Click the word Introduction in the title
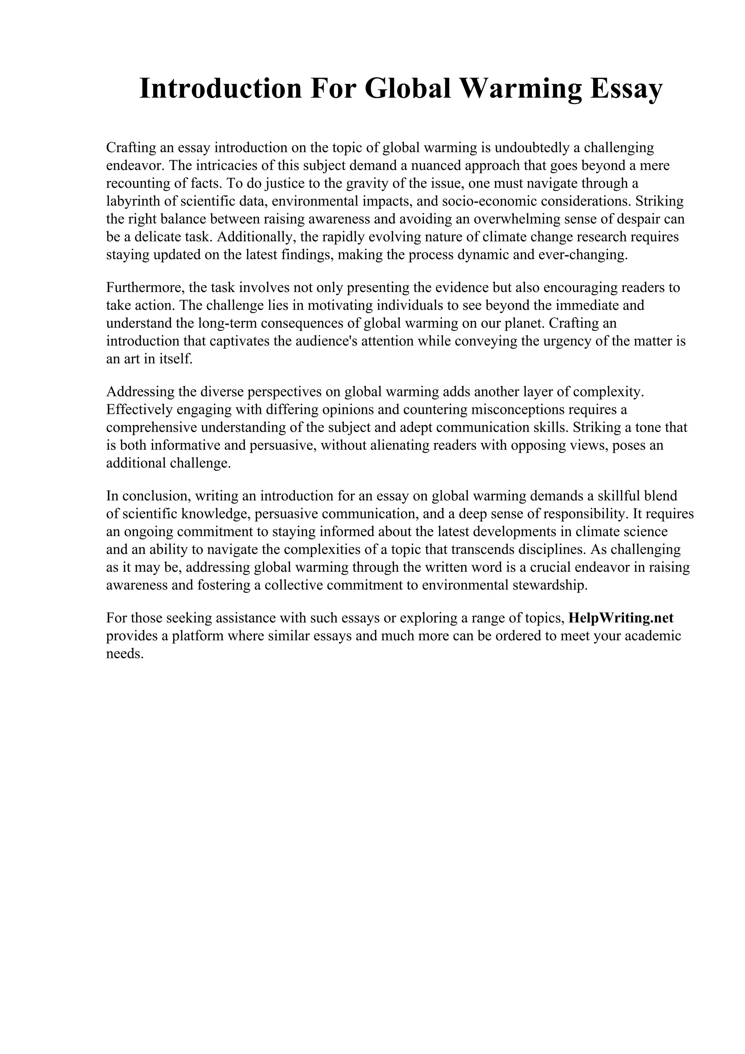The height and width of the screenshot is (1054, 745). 220,89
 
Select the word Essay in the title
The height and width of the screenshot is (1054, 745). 626,89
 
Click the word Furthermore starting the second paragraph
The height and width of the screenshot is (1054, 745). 145,287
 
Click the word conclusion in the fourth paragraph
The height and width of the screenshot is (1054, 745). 156,496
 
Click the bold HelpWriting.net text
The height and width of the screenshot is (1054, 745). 621,618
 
